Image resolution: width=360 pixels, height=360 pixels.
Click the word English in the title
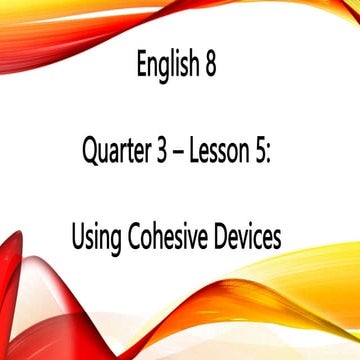coord(169,69)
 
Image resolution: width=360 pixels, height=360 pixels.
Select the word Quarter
coord(120,154)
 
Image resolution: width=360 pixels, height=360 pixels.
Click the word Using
coord(97,239)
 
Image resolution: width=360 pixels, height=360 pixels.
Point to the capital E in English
coord(142,68)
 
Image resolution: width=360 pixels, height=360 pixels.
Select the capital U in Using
coord(78,238)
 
